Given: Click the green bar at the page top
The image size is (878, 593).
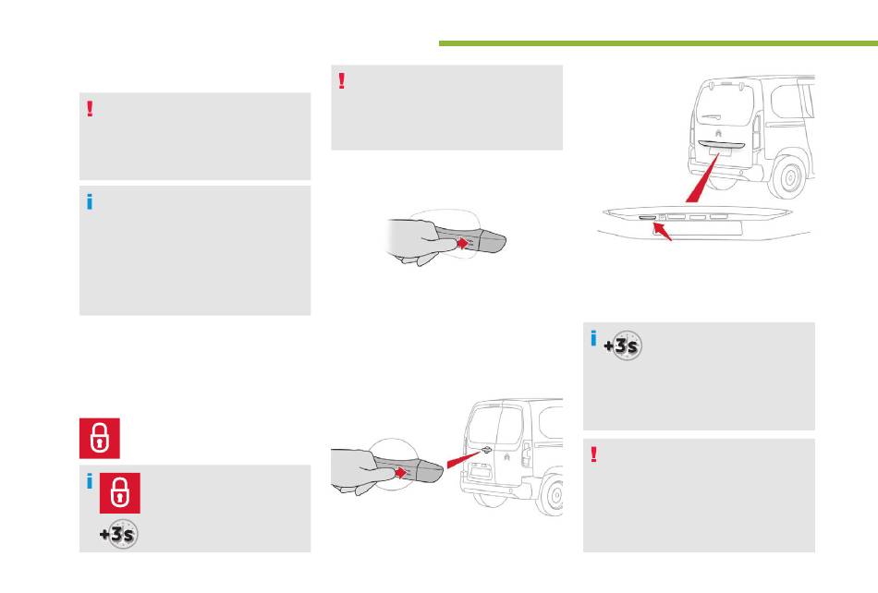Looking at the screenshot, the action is pos(658,43).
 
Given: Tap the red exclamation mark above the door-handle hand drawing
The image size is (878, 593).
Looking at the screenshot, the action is pos(342,80).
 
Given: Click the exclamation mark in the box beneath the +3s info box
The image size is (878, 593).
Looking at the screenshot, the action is pos(593,454).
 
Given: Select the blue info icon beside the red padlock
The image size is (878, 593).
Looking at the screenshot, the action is pos(90,481).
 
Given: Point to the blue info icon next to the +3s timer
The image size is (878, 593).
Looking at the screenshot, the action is pos(593,338).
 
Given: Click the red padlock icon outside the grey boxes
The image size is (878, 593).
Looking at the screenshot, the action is pos(99,438).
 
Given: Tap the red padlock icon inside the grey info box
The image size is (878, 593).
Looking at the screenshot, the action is pos(120,493).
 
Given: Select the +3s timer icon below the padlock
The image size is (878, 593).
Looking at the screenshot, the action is pos(118,534).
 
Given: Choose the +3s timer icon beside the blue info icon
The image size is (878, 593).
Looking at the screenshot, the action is pos(623,345).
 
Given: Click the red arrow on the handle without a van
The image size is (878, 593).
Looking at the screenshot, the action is pos(462,243).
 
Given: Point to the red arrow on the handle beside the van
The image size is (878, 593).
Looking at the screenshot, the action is pos(400,473).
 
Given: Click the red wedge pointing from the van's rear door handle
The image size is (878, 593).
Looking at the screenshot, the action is pos(464,459).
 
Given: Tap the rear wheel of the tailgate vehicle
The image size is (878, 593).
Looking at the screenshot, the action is pos(789,177).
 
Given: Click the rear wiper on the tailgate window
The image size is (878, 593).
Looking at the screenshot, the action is pos(711,117).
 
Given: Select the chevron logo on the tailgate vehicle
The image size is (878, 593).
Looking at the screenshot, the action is pos(718,133).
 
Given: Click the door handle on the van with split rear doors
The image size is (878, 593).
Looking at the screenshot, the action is pos(485,449).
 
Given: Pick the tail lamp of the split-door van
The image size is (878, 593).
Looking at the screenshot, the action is pos(526,454).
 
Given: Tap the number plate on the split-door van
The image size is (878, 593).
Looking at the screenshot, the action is pos(481,472).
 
